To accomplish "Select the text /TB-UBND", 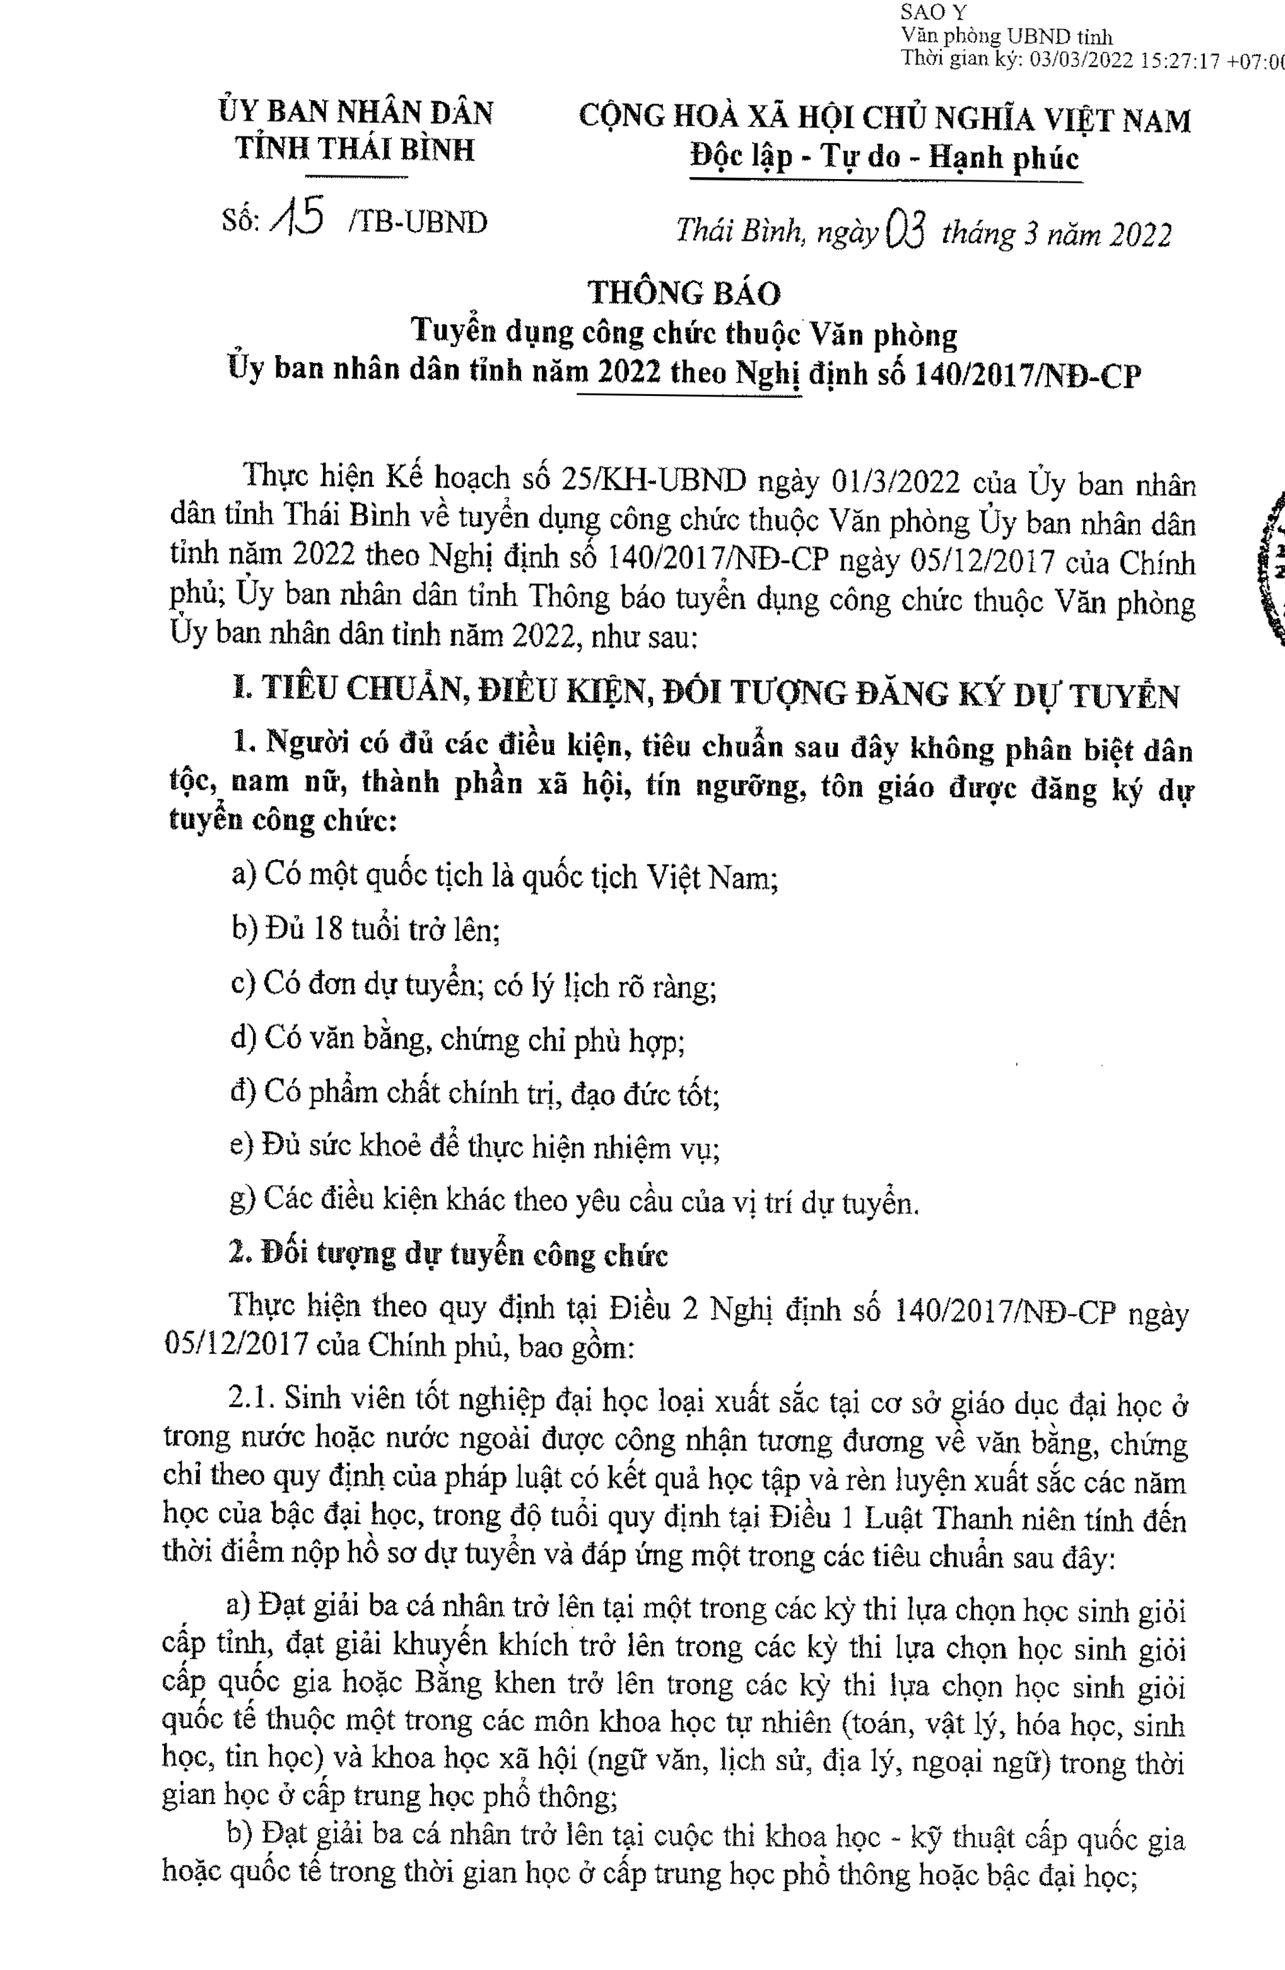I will pos(419,223).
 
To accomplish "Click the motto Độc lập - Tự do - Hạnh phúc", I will pos(885,157).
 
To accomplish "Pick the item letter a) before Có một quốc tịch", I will pos(244,874).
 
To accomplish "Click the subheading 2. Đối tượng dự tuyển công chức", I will pos(448,1254).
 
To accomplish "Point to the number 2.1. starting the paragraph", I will pos(254,1397).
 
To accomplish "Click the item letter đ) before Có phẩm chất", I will pos(244,1093).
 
